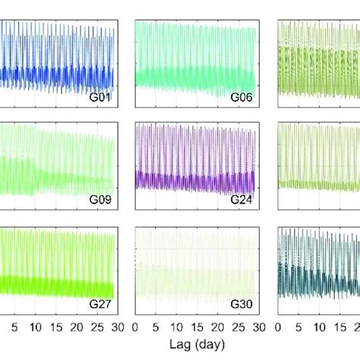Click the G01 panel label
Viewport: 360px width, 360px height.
100,97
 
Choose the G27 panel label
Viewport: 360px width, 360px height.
100,305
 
